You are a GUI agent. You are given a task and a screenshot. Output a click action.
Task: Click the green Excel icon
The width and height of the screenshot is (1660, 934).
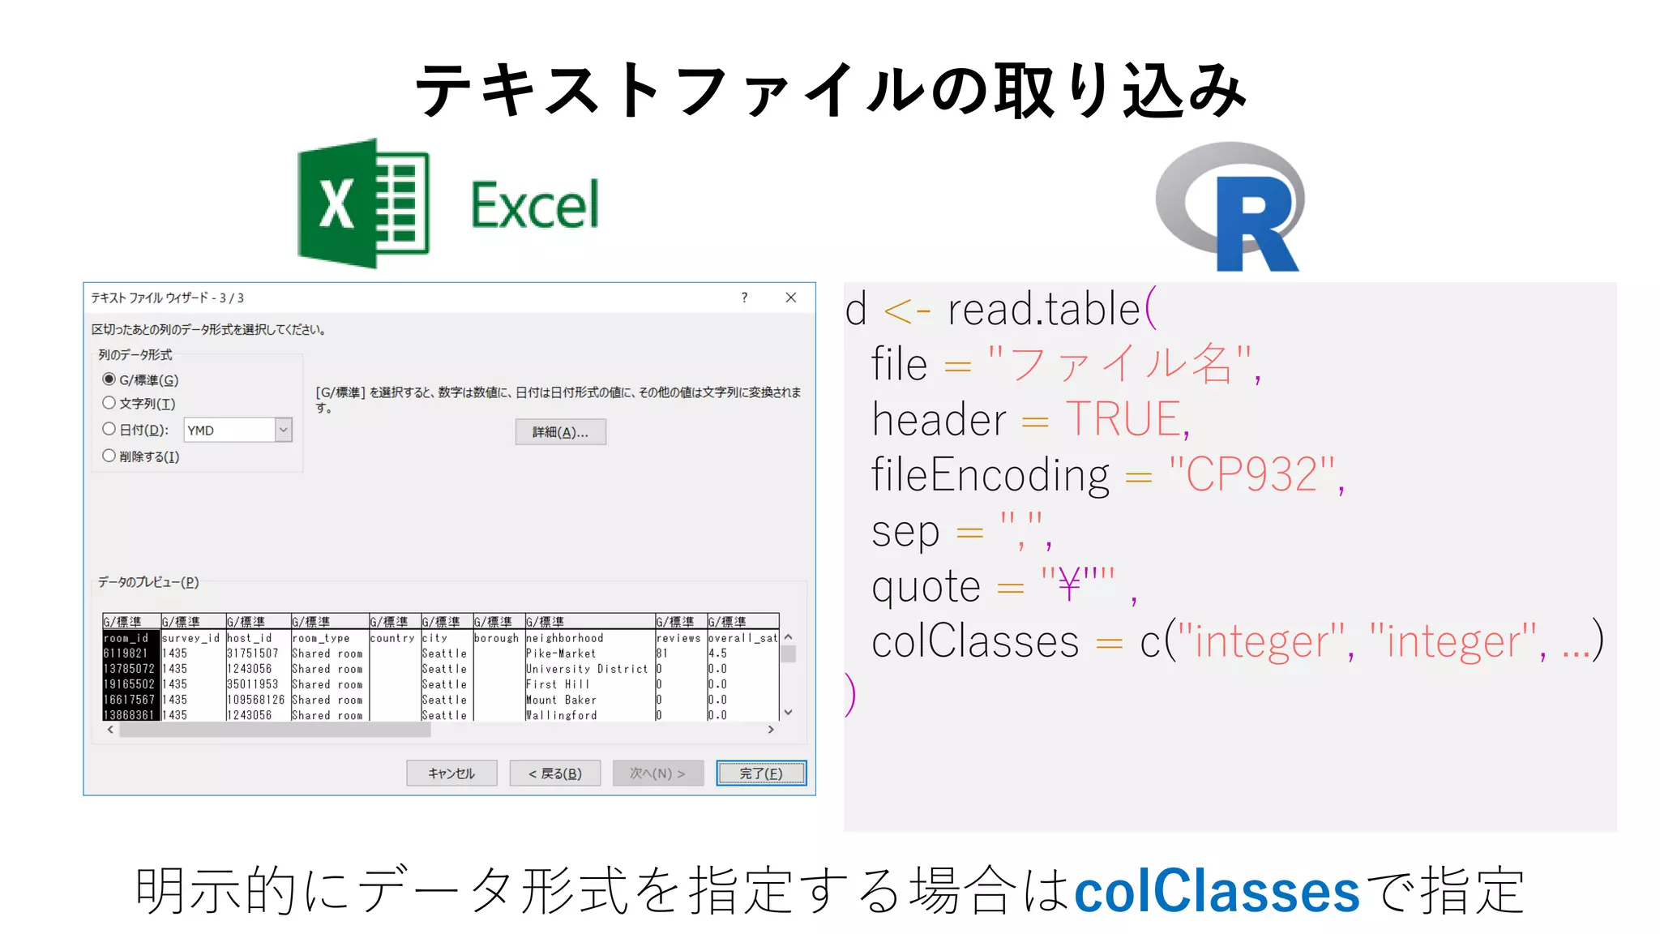[x=363, y=204]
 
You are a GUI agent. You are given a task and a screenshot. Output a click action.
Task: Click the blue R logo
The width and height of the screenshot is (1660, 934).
[x=1231, y=207]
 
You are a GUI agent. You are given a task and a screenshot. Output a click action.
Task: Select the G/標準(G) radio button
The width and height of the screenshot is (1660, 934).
[x=109, y=379]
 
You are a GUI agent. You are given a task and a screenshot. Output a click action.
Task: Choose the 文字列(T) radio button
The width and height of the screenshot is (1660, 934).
[x=109, y=403]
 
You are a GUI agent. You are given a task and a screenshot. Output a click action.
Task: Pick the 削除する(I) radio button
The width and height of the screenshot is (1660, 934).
[x=109, y=456]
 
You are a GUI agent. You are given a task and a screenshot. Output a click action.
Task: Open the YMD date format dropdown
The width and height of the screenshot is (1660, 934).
[x=283, y=430]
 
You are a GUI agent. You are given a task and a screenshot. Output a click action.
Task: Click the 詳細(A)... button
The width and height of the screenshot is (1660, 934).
[x=560, y=432]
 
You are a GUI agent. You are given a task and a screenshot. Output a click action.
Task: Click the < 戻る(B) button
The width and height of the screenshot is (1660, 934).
[x=555, y=773]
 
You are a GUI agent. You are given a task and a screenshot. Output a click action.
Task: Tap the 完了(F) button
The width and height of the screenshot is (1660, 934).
[x=761, y=773]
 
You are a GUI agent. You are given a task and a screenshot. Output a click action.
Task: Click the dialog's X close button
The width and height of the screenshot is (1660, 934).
[x=791, y=298]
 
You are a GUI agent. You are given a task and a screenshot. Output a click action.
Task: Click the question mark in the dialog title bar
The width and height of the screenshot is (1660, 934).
[x=744, y=298]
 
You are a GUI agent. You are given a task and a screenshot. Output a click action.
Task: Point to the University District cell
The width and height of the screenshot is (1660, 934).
[x=587, y=669]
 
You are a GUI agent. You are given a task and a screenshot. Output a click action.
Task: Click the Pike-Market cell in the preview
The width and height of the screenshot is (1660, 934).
[x=561, y=653]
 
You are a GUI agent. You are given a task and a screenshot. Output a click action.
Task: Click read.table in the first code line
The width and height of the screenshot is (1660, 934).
[x=1044, y=309]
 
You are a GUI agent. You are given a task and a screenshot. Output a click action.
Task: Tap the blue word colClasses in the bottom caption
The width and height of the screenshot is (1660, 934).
[x=1216, y=891]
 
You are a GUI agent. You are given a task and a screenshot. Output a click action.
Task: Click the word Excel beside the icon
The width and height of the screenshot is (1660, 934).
[x=535, y=205]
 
